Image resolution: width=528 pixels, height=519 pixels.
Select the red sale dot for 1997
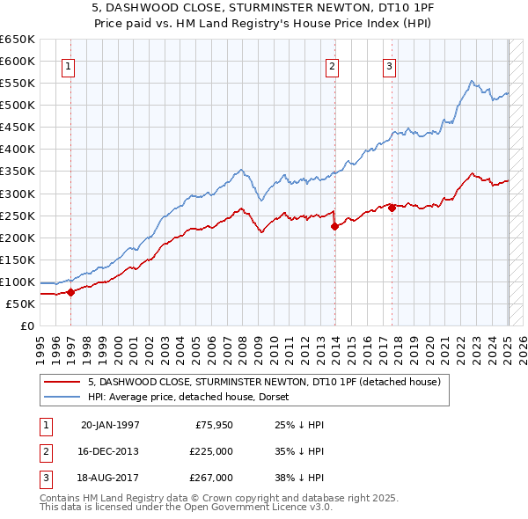pyautogui.click(x=70, y=292)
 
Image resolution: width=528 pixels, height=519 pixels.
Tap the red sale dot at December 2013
pyautogui.click(x=334, y=226)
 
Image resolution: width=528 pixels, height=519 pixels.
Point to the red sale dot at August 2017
pyautogui.click(x=392, y=208)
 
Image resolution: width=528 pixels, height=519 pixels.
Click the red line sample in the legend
pyautogui.click(x=62, y=382)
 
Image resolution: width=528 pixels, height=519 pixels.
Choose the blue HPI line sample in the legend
pyautogui.click(x=62, y=397)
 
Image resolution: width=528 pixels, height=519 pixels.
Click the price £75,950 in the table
pyautogui.click(x=210, y=425)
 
